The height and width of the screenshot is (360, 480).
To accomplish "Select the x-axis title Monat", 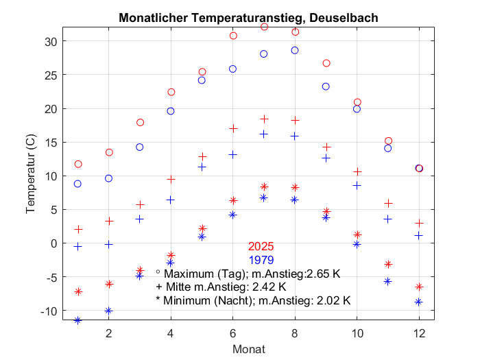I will tap(249, 349).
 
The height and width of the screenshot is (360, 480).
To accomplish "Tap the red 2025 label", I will tap(261, 246).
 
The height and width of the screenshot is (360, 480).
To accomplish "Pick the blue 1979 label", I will tap(261, 260).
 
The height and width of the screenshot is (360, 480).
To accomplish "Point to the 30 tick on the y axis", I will tap(51, 41).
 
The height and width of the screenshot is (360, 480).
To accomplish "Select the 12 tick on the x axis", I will tap(419, 333).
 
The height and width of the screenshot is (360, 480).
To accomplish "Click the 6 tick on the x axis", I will tap(233, 333).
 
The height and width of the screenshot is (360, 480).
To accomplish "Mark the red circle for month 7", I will tap(264, 27).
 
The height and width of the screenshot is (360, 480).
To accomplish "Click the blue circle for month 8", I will tap(295, 50).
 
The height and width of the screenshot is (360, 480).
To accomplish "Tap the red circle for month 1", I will tap(77, 164).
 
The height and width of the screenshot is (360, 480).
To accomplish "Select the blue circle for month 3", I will tap(140, 147).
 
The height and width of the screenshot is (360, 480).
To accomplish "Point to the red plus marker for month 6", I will tap(233, 128).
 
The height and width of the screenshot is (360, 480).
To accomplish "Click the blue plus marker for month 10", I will tap(357, 185).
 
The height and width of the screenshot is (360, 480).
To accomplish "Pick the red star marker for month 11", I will tap(388, 264).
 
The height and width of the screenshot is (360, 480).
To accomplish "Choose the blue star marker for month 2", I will tap(108, 311).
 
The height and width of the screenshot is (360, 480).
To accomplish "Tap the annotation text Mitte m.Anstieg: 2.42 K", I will tap(221, 287).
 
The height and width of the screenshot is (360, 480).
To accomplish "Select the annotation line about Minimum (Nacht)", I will tap(253, 300).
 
